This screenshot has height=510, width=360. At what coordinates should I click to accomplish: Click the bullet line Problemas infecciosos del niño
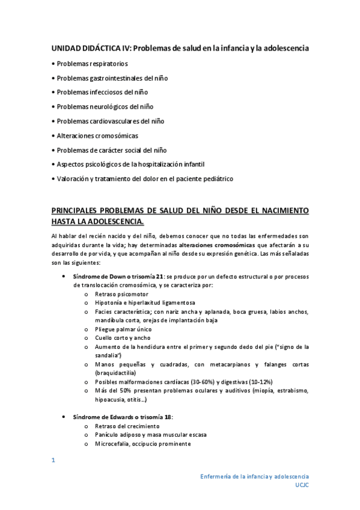pos(102,92)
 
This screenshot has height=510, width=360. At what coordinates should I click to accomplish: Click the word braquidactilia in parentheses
pos(115,373)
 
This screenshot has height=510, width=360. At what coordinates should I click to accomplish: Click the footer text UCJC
pos(302,484)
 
